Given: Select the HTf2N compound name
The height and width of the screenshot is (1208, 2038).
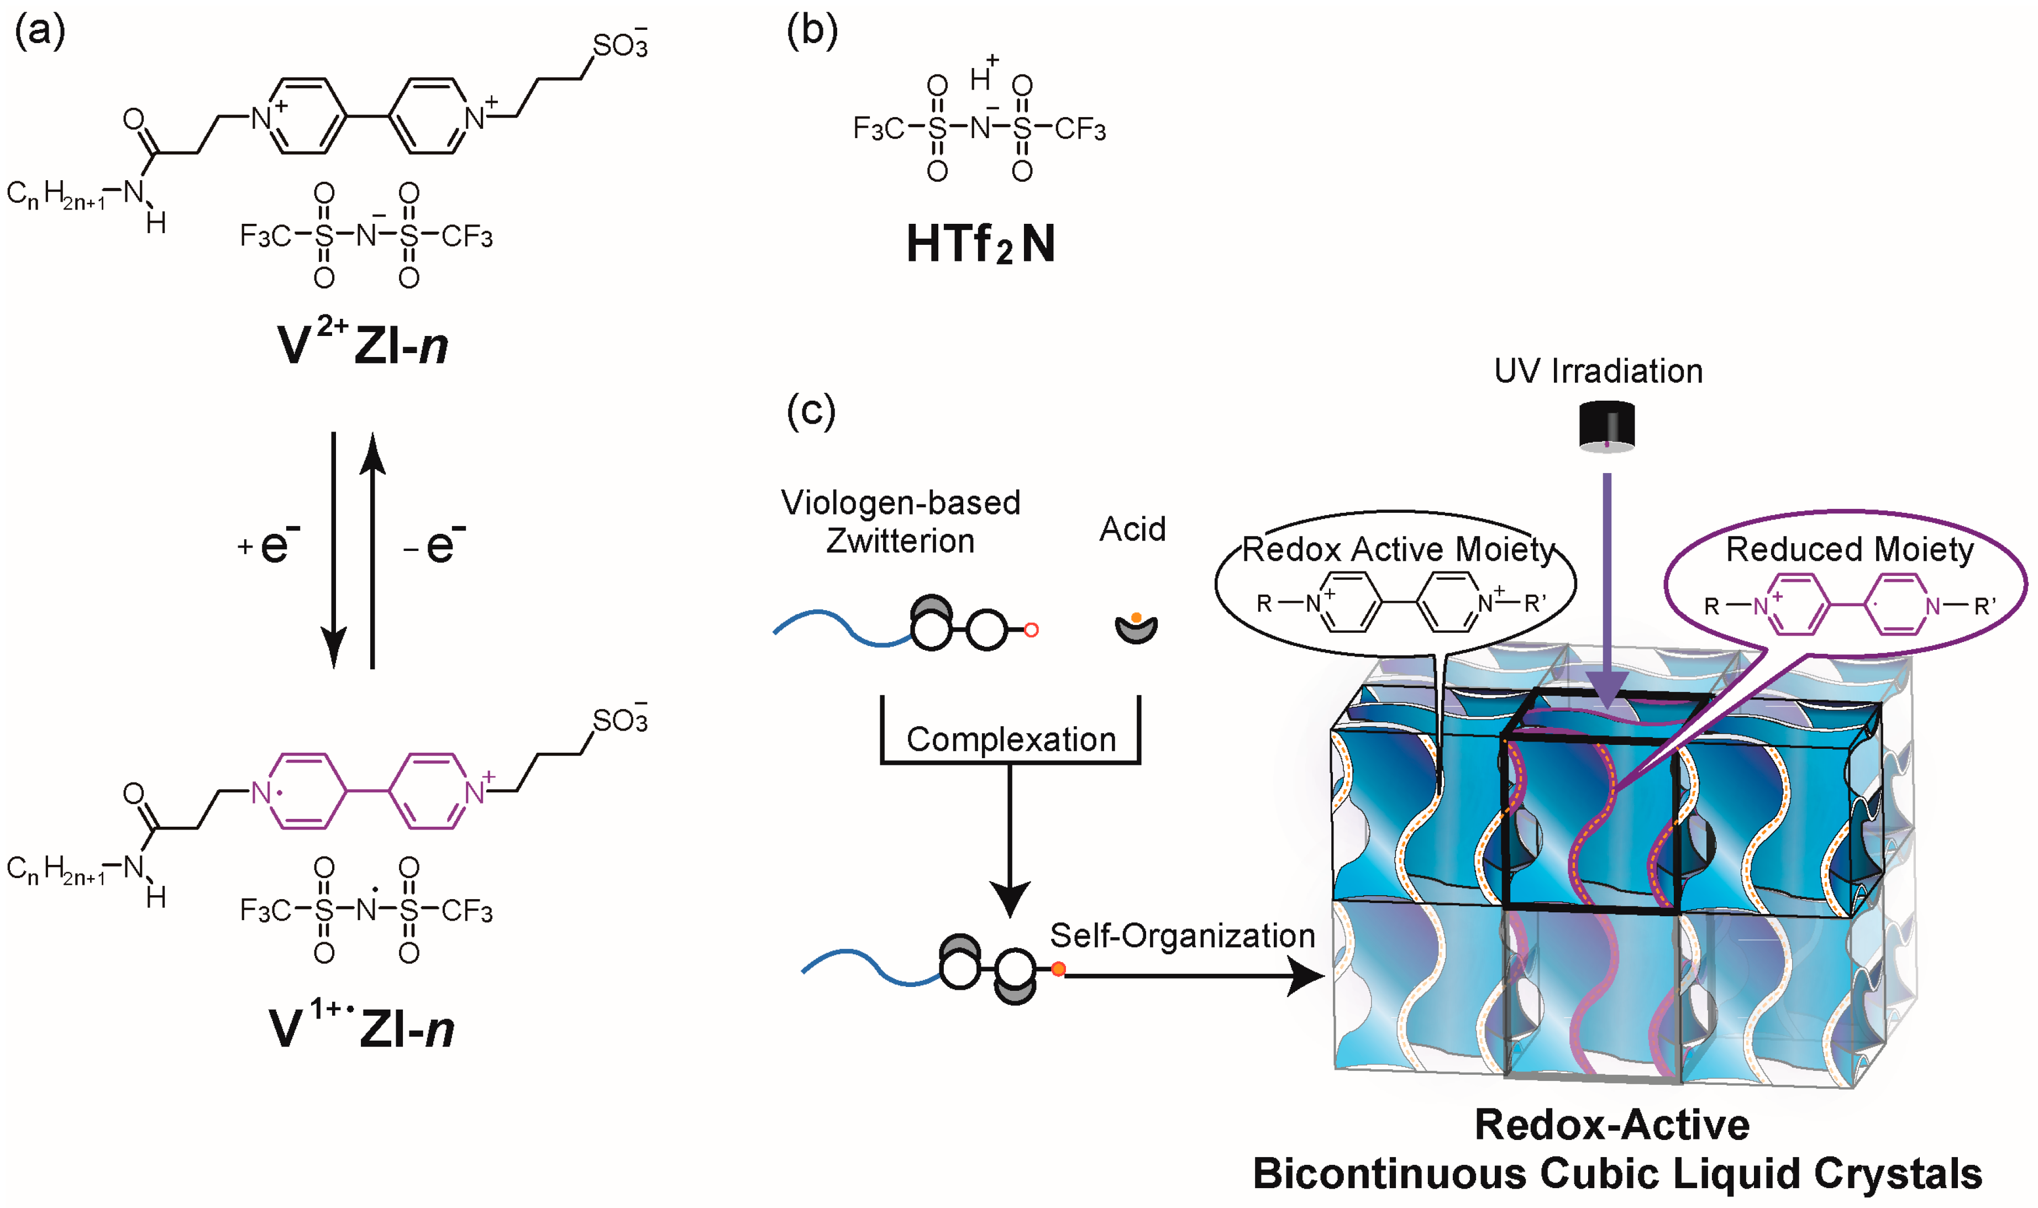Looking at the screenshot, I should pyautogui.click(x=981, y=244).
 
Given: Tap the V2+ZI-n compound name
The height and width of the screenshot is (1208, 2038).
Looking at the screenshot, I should pyautogui.click(x=362, y=344).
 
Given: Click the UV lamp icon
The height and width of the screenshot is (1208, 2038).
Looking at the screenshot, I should pyautogui.click(x=1606, y=426).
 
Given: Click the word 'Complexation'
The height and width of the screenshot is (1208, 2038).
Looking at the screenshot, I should pyautogui.click(x=1011, y=739).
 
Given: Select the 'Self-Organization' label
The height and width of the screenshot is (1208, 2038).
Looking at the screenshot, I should pyautogui.click(x=1182, y=936).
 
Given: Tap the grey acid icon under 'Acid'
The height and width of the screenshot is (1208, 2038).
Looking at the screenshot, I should pyautogui.click(x=1136, y=628).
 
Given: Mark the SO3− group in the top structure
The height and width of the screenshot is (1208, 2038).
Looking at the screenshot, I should pyautogui.click(x=620, y=45).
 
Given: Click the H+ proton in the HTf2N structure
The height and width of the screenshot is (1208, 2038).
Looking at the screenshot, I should pyautogui.click(x=983, y=76).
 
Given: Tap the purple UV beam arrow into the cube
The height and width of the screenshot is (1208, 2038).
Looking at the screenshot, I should pyautogui.click(x=1606, y=586).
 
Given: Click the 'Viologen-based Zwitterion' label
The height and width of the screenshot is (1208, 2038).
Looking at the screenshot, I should pyautogui.click(x=900, y=522).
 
